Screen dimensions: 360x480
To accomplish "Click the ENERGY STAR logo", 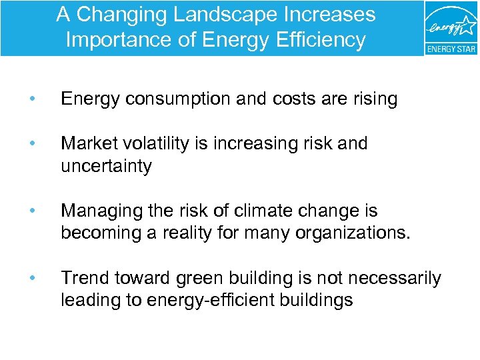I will tap(451, 29).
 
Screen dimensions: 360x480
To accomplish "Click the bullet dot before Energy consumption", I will tap(32, 99).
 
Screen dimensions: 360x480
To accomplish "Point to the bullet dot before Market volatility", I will tap(32, 144).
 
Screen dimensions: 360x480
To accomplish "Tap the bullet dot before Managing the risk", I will tap(32, 211).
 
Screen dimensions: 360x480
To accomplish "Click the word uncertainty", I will tap(106, 166).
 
